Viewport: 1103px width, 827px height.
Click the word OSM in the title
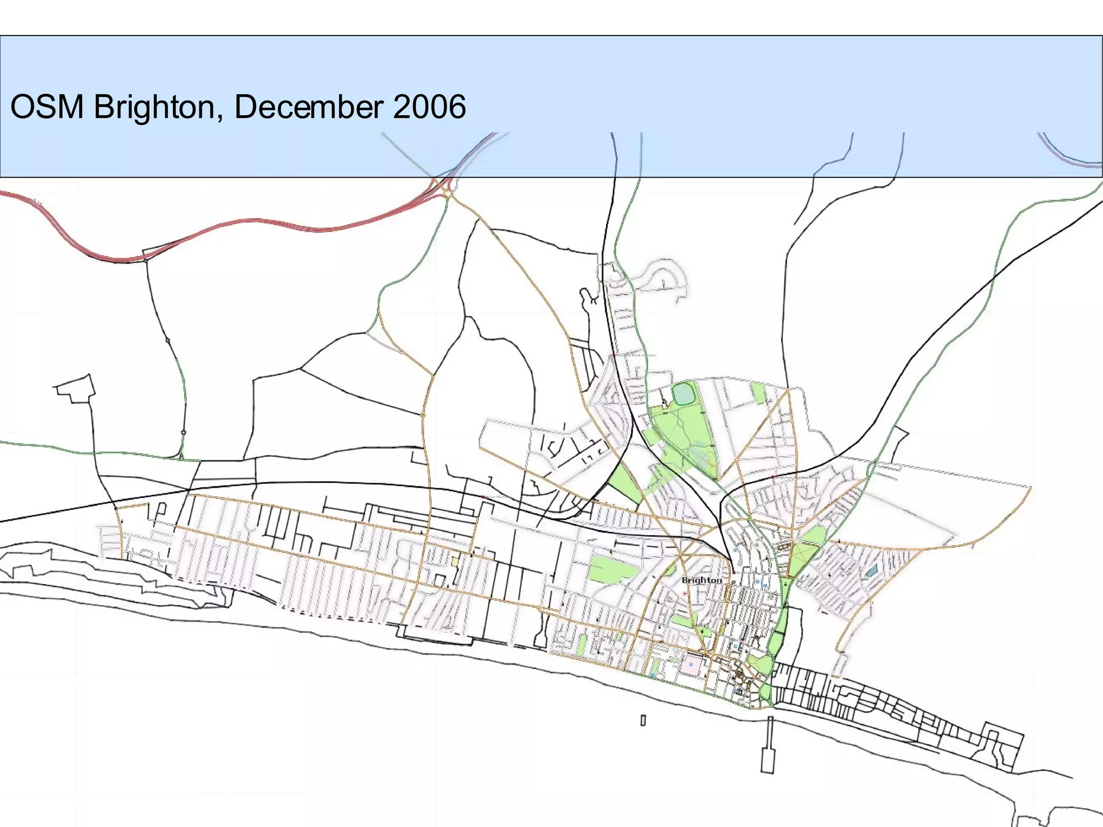click(x=47, y=107)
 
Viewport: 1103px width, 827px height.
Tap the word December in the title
click(x=308, y=107)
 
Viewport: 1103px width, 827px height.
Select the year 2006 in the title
click(x=429, y=107)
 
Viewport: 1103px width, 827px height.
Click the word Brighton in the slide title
click(x=154, y=107)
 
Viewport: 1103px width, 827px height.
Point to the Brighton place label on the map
click(x=701, y=580)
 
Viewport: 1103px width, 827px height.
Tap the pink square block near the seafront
click(x=692, y=664)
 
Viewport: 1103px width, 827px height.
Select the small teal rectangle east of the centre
click(x=871, y=571)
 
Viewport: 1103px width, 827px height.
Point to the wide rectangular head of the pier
click(x=768, y=760)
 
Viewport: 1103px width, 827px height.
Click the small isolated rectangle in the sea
click(x=643, y=720)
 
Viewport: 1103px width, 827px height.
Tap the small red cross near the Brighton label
click(x=685, y=593)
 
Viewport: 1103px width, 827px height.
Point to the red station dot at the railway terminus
click(x=733, y=573)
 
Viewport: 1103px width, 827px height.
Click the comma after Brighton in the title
click(x=221, y=117)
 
